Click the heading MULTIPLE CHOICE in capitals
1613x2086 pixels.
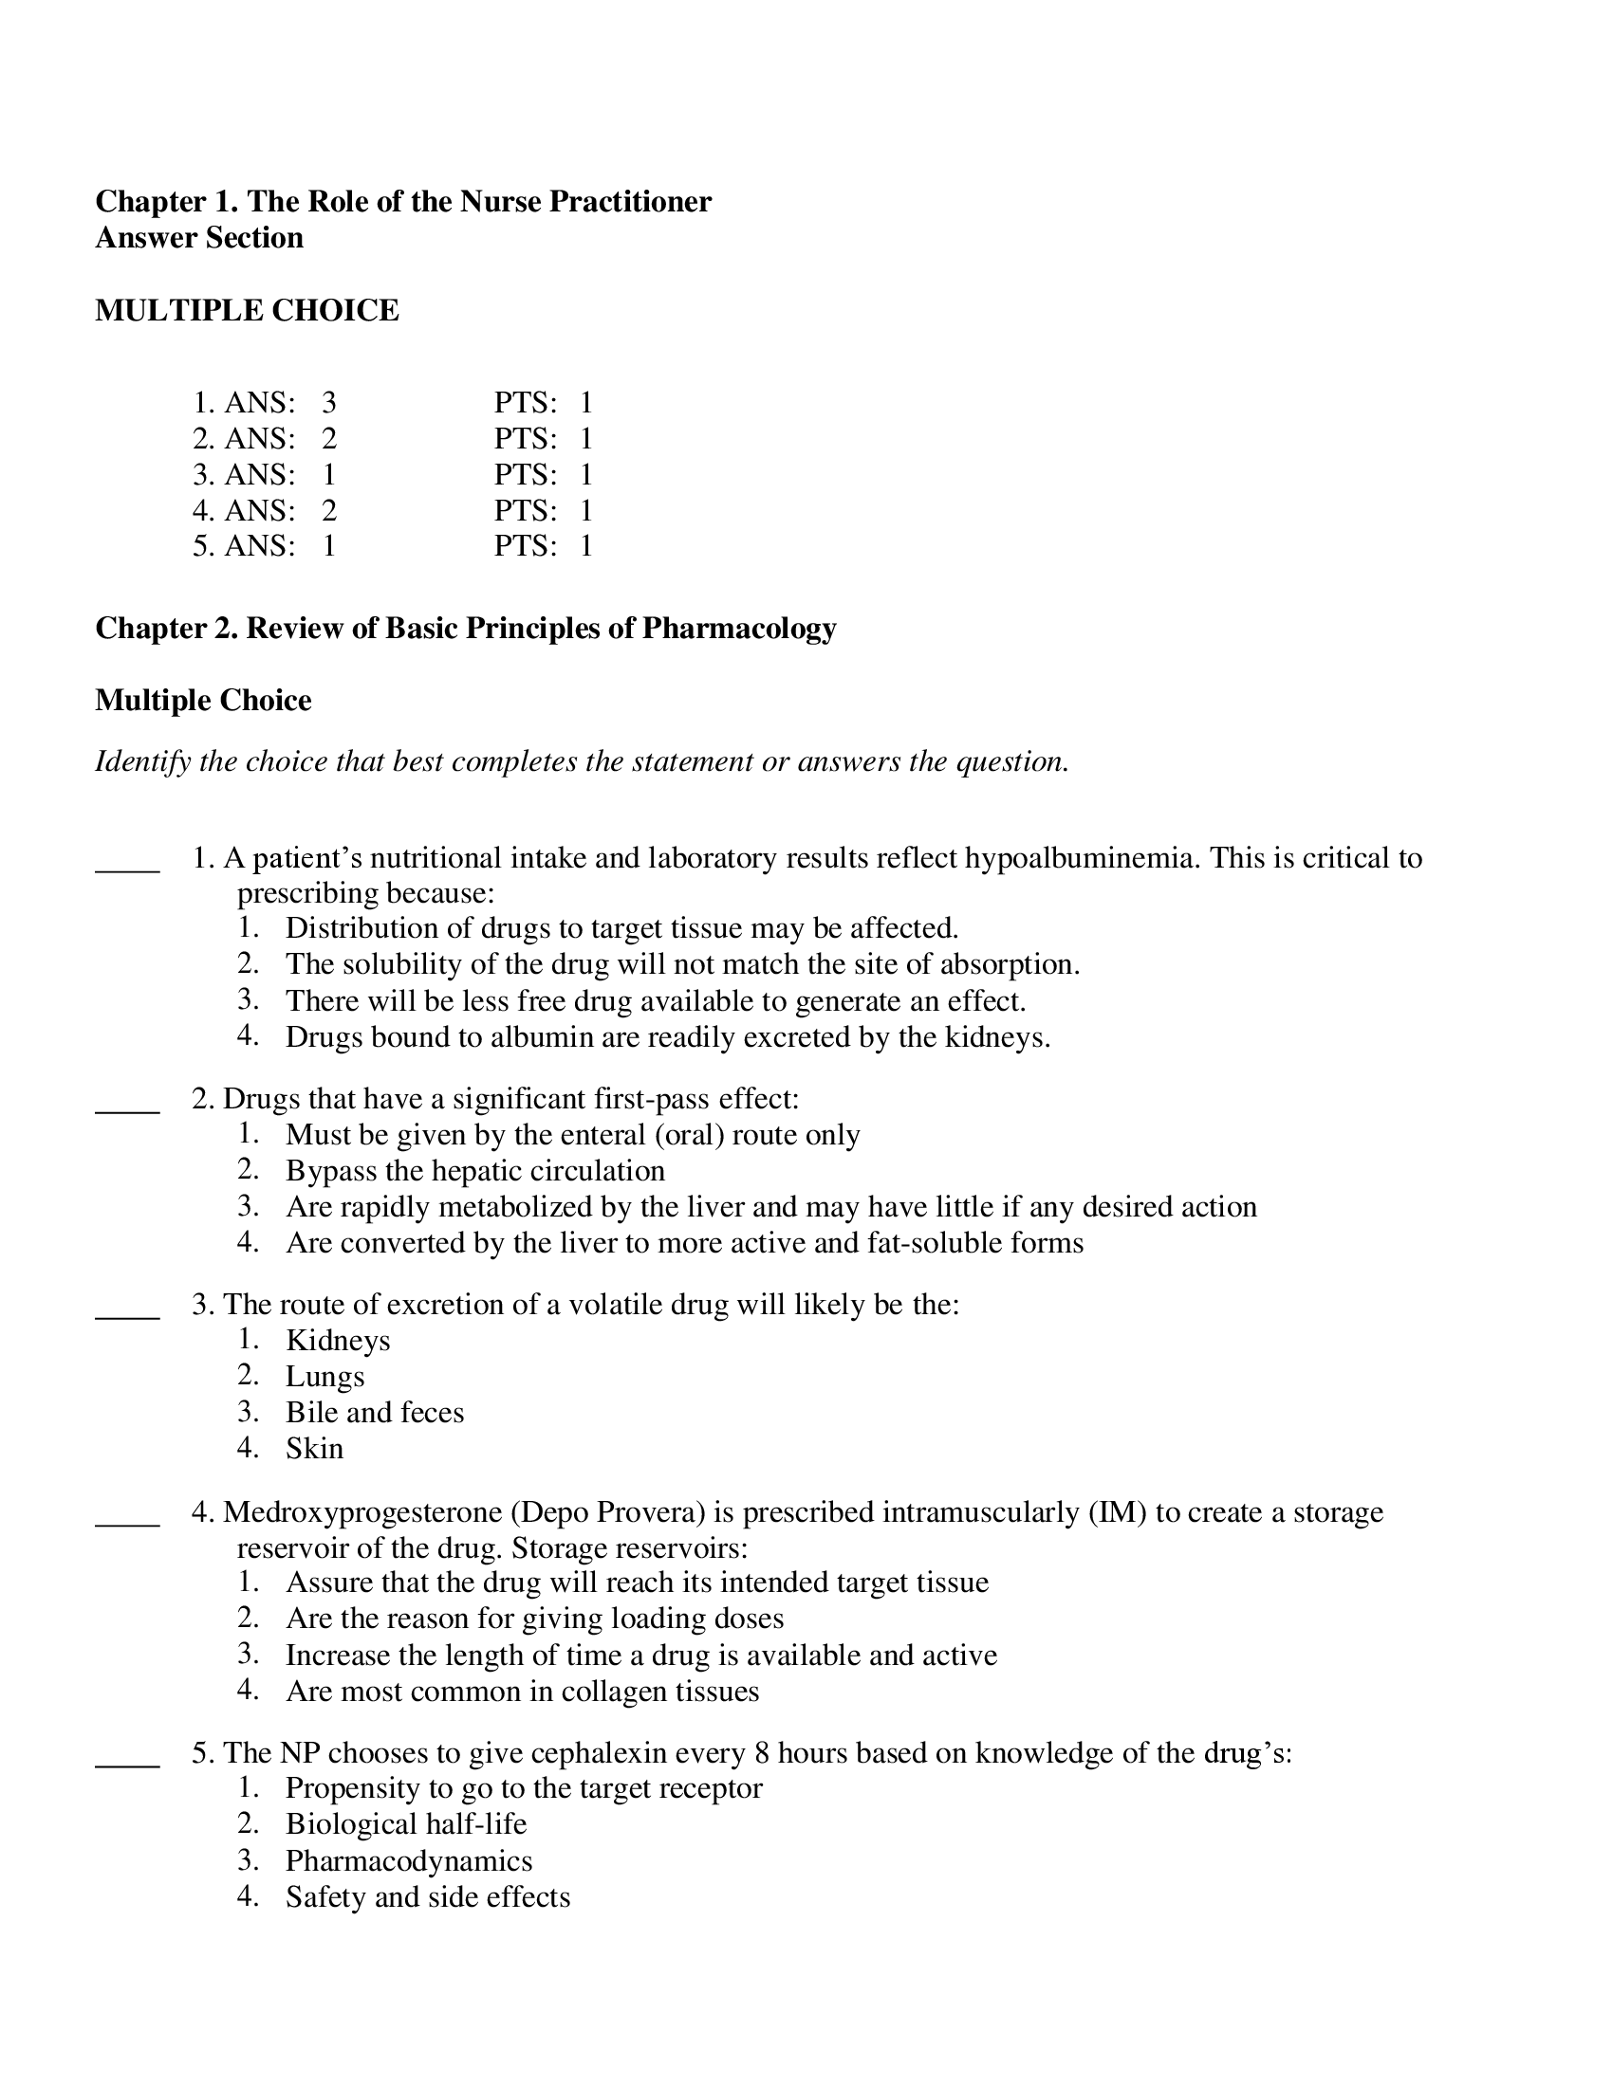[247, 310]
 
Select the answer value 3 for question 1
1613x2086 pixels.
[328, 402]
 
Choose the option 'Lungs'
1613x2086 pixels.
[324, 1377]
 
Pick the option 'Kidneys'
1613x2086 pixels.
[338, 1340]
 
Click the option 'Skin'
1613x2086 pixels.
[314, 1448]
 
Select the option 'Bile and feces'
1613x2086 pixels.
[375, 1412]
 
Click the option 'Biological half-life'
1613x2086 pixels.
[406, 1823]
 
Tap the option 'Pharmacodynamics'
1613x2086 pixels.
[409, 1859]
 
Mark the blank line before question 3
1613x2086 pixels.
[127, 1315]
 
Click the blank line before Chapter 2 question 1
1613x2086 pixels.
[127, 869]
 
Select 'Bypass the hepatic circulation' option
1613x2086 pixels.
[475, 1170]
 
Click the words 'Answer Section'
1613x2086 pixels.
[199, 237]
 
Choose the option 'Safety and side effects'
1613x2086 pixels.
[427, 1896]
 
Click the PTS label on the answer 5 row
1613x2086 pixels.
[525, 545]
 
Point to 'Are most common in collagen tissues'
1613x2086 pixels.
[522, 1691]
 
